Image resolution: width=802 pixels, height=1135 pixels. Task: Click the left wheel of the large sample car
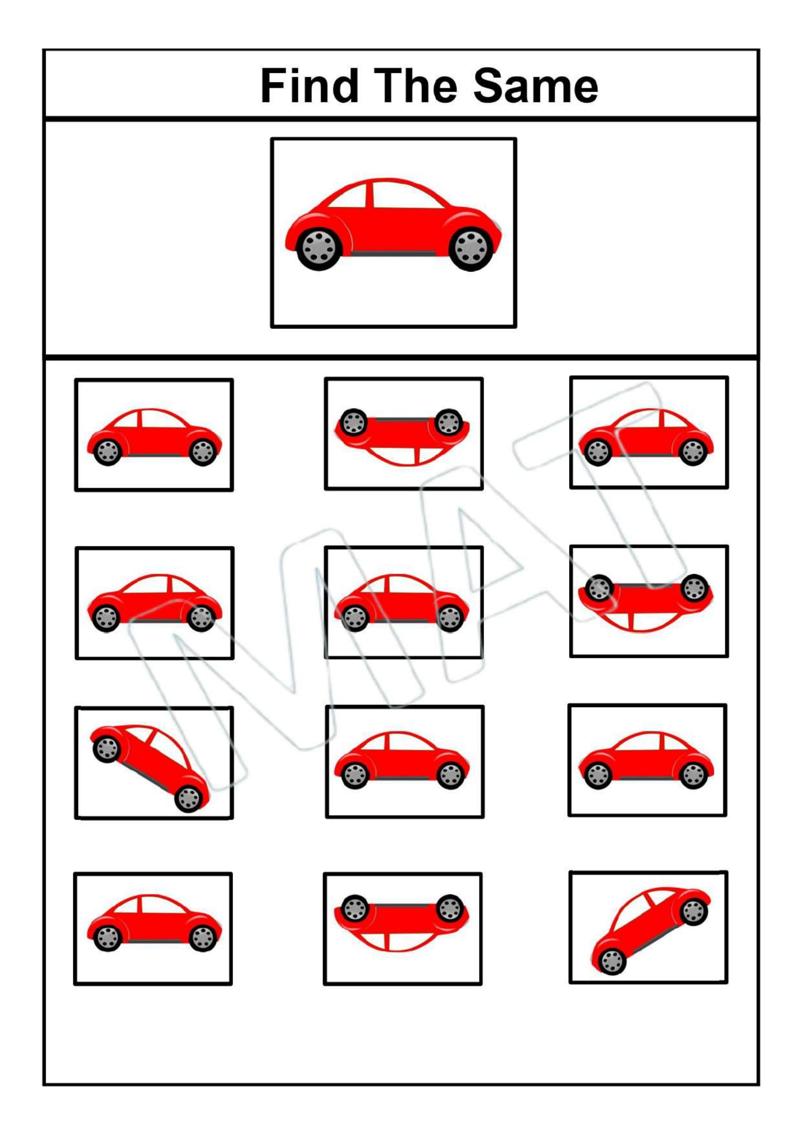coord(320,248)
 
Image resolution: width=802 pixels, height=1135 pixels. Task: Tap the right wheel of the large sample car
coord(471,248)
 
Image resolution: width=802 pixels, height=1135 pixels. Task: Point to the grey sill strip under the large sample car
coord(394,254)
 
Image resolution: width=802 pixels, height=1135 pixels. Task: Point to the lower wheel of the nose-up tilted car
coord(612,961)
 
